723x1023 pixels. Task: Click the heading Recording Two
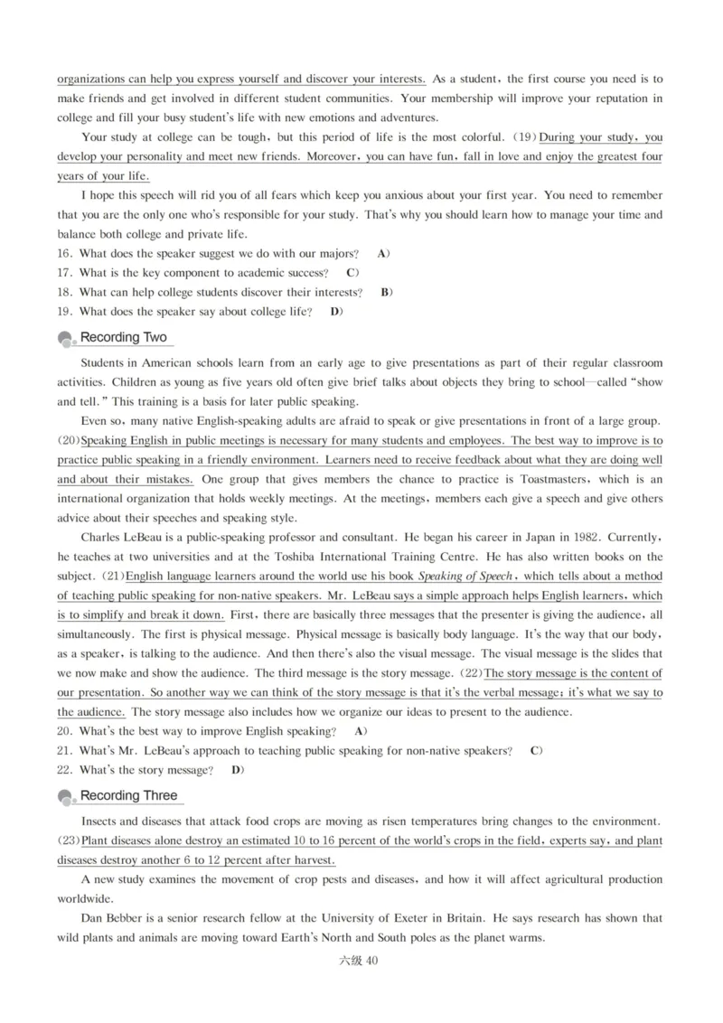click(x=124, y=338)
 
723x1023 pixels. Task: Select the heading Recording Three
click(x=129, y=796)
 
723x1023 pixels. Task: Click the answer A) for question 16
click(x=383, y=253)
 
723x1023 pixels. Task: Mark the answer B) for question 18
click(x=386, y=292)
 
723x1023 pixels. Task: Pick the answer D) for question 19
click(x=336, y=312)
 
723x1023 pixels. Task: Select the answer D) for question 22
click(x=238, y=770)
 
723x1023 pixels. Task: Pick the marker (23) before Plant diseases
click(x=69, y=840)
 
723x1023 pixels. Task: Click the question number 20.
click(x=65, y=730)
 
